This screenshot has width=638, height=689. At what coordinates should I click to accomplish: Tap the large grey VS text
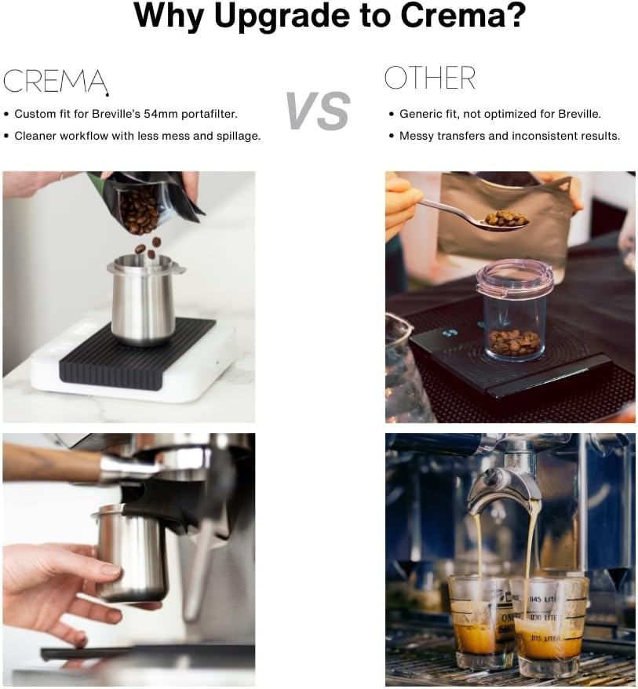click(x=318, y=111)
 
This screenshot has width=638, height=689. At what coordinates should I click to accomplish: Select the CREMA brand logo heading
click(x=55, y=81)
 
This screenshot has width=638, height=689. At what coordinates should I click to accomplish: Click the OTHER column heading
click(x=429, y=78)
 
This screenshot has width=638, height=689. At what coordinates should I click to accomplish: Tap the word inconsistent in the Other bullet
click(x=545, y=136)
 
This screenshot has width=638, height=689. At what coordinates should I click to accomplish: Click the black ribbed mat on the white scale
click(x=133, y=357)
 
